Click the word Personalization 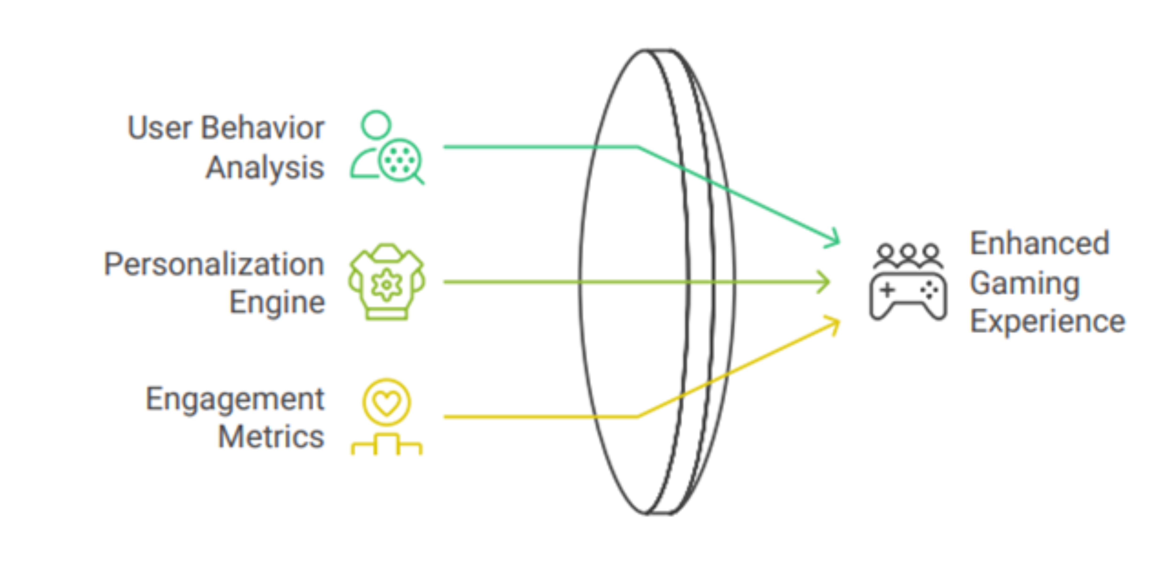tap(214, 265)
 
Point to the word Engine tap(277, 302)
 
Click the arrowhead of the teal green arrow tap(834, 239)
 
